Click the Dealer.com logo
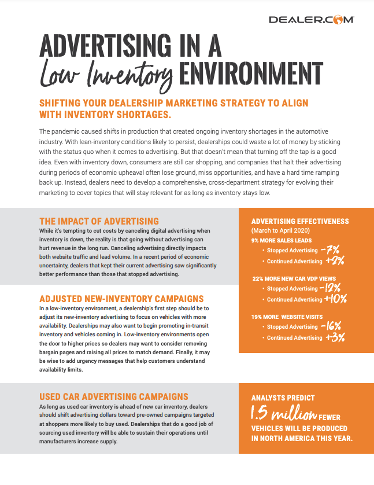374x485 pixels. (311, 20)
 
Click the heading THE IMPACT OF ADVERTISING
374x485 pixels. (99, 221)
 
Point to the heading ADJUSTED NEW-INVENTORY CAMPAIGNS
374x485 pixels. (121, 299)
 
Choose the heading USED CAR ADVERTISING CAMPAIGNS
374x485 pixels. (114, 396)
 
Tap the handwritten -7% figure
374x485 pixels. (334, 250)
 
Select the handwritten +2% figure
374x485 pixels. (335, 260)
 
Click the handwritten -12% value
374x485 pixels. (335, 288)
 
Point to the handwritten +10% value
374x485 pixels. (336, 299)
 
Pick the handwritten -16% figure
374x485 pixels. (334, 326)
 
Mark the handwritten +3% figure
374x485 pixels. (335, 337)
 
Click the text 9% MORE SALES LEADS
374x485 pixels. (282, 240)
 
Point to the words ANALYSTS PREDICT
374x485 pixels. (283, 398)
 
